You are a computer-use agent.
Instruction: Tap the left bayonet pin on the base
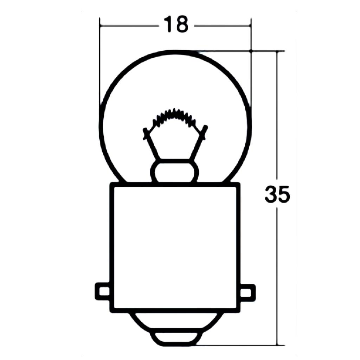[103, 291]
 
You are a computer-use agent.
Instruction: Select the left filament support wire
[151, 144]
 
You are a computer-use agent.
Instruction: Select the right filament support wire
[198, 144]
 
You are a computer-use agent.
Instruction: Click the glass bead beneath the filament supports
[175, 171]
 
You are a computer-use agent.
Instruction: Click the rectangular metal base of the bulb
[175, 246]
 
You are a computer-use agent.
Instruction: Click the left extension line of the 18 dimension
[100, 63]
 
